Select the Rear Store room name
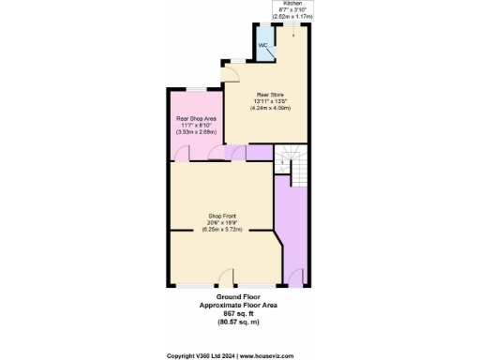(269, 94)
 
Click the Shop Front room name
(221, 216)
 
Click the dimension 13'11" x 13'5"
(269, 101)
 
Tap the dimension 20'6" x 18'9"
(221, 223)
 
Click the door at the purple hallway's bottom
(298, 278)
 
